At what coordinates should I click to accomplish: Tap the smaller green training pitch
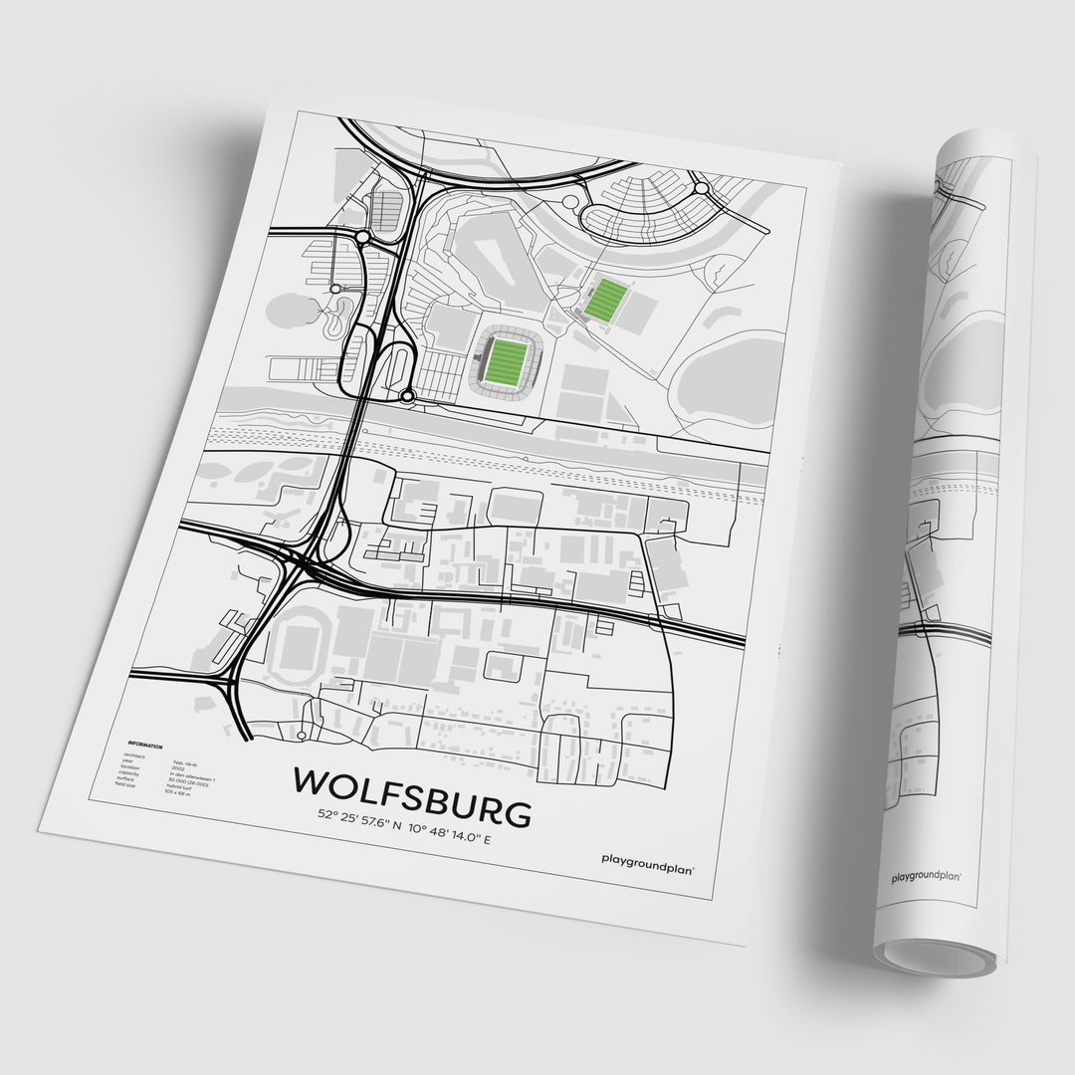point(604,300)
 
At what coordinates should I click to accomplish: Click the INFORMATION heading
point(145,745)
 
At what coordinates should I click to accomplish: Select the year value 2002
point(178,768)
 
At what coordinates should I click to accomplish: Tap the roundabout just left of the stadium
point(407,398)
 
